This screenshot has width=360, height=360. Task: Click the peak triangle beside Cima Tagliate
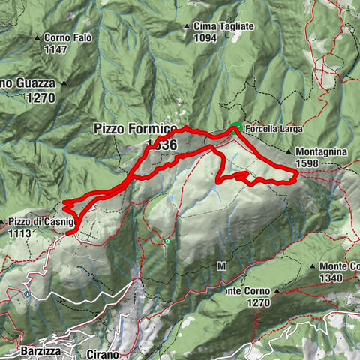pos(187,27)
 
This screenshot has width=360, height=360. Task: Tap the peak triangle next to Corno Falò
pos(37,39)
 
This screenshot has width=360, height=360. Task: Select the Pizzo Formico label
pos(136,129)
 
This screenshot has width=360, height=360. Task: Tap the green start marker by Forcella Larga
pos(235,125)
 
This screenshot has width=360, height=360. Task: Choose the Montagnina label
pos(320,151)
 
